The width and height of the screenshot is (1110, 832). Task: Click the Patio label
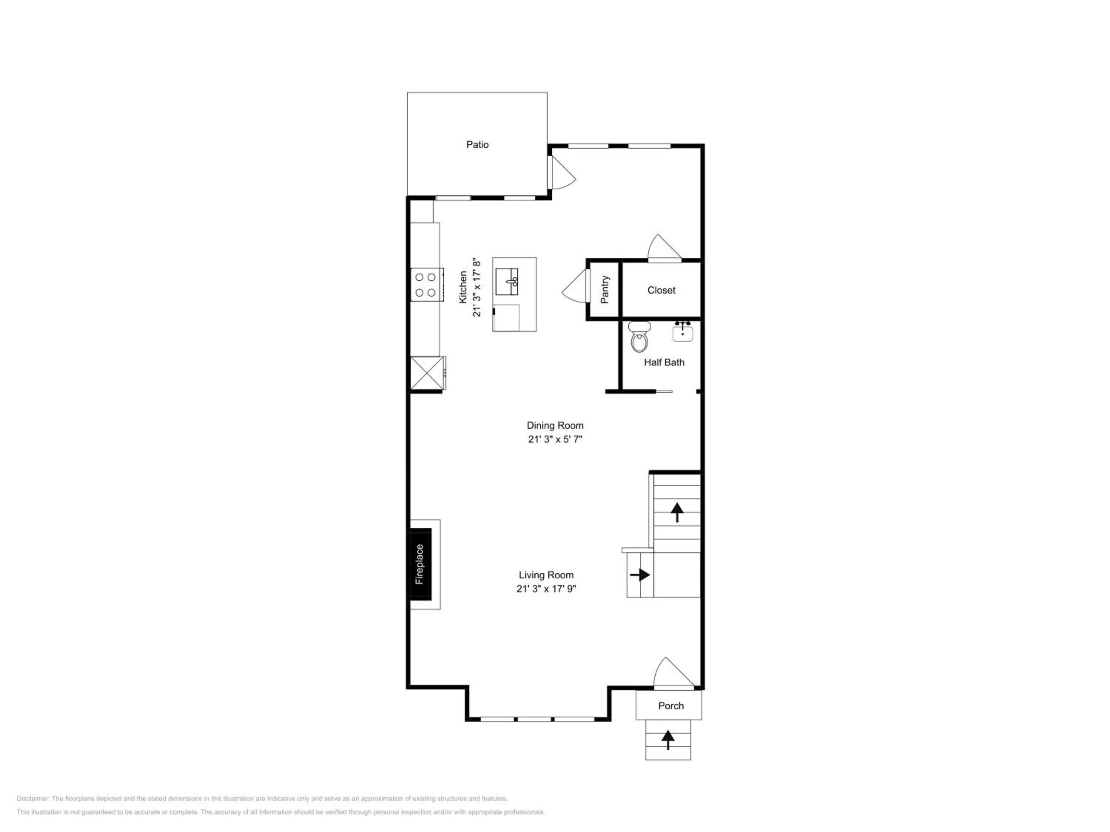click(x=477, y=145)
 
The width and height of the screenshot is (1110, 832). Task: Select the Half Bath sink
click(x=682, y=331)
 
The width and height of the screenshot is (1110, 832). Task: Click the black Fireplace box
click(x=421, y=564)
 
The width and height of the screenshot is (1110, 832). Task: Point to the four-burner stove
click(x=427, y=285)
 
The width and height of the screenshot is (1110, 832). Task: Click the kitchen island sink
click(x=507, y=282)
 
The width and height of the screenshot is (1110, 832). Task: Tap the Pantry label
click(x=605, y=290)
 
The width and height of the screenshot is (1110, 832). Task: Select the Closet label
click(x=662, y=290)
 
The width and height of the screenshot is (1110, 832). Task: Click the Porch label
click(x=671, y=706)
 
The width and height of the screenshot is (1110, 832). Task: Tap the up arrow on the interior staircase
click(x=677, y=513)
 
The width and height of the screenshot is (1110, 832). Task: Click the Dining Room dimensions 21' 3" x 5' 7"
click(x=555, y=439)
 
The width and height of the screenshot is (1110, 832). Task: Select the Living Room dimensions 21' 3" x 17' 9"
click(x=546, y=589)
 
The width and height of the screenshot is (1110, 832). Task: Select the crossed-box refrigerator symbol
click(x=428, y=373)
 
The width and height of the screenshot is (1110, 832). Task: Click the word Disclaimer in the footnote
click(x=33, y=798)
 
